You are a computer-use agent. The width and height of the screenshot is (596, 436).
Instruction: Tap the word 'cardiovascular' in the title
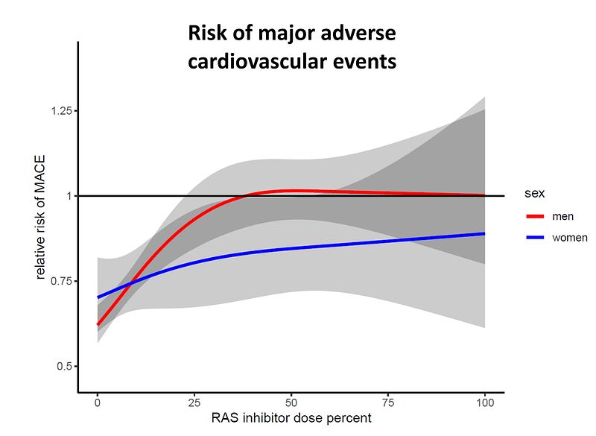257,62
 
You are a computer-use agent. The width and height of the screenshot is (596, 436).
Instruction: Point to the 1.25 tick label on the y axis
62,110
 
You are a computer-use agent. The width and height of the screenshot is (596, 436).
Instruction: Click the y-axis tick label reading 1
69,196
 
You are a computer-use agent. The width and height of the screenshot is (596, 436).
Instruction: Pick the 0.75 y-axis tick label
62,281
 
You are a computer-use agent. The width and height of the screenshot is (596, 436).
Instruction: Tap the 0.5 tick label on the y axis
65,366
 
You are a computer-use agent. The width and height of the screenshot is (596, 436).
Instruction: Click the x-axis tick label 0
98,402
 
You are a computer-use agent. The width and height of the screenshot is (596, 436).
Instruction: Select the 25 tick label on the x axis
194,402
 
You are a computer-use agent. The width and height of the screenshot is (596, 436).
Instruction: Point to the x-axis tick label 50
291,402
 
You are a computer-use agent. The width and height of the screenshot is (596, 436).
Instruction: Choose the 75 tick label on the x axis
388,402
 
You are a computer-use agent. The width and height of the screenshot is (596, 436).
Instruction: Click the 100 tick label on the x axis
485,402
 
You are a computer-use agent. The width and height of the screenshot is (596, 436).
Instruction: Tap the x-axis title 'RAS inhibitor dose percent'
291,418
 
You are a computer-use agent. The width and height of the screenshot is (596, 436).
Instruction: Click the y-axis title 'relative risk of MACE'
40,217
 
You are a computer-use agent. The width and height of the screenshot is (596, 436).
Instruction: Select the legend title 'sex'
534,193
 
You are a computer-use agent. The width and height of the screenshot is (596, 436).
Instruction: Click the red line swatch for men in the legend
535,216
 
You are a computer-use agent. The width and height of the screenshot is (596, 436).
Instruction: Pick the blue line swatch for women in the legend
535,238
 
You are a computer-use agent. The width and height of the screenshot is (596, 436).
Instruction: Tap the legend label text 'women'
570,238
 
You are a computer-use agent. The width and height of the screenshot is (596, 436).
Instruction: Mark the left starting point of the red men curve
98,325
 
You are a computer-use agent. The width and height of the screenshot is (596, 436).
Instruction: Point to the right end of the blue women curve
485,233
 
